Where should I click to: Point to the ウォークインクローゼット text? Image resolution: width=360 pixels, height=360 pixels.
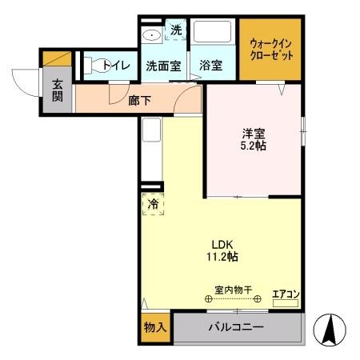pyautogui.click(x=270, y=49)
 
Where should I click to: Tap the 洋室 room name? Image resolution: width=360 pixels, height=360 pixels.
pyautogui.click(x=255, y=134)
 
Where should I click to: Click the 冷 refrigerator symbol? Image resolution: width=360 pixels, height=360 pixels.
pyautogui.click(x=152, y=204)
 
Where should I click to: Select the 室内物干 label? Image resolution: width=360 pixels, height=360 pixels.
pyautogui.click(x=234, y=289)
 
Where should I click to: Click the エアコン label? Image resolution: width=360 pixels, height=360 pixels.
pyautogui.click(x=285, y=294)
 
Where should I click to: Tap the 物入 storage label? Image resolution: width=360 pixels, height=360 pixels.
pyautogui.click(x=154, y=327)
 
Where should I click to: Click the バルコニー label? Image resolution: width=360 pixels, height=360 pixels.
pyautogui.click(x=237, y=327)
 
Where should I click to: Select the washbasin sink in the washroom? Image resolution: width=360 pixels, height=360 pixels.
pyautogui.click(x=151, y=36)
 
